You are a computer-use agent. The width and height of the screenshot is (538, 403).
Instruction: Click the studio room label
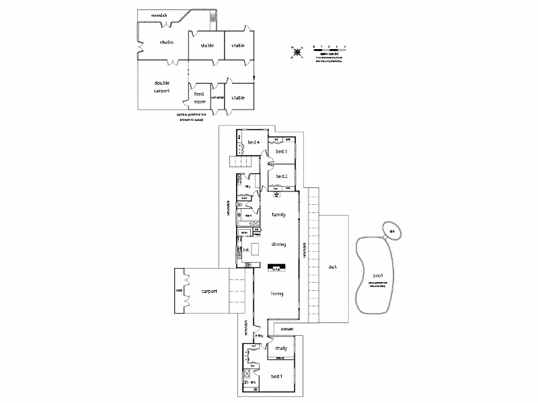point(166,42)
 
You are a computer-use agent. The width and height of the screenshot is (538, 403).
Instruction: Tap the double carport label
point(161,86)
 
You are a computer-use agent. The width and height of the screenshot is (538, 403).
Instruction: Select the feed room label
point(200,98)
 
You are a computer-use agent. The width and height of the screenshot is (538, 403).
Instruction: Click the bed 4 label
point(254,142)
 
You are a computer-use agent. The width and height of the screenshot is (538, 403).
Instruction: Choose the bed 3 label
point(281,152)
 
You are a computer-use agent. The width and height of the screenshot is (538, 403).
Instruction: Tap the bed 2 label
point(281,177)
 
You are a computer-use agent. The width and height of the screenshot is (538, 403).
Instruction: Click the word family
point(278,215)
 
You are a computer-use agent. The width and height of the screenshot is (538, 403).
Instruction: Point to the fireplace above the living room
point(276,268)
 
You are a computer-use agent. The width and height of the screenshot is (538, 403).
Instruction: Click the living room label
point(277,294)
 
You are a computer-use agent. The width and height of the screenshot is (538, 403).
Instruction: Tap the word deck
point(332,267)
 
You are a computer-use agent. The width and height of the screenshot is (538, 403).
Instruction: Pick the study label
point(281,349)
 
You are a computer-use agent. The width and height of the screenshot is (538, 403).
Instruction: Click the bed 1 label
point(276,376)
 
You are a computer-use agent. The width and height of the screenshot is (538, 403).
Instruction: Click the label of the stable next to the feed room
point(238,97)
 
